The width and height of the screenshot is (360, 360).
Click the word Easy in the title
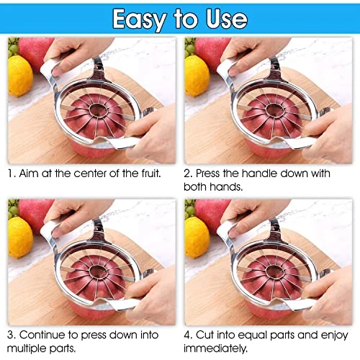140,19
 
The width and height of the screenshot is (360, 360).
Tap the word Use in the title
227,19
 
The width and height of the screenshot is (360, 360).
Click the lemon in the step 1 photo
20,76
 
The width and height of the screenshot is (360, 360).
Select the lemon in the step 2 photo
197,76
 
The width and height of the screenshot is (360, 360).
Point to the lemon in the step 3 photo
20,238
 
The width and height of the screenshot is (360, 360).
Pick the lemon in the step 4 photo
197,238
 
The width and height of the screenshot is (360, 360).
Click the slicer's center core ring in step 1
99,110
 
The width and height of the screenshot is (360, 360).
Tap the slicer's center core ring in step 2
275,110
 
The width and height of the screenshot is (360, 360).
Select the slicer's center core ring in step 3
99,271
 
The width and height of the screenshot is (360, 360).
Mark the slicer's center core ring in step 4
275,271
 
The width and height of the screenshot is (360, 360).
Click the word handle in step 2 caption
259,173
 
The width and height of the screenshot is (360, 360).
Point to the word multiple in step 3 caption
27,348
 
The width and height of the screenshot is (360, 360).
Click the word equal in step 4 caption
253,336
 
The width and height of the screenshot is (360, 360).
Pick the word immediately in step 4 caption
215,348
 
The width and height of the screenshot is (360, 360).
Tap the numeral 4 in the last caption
187,335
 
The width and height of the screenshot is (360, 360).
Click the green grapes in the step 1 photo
13,46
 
